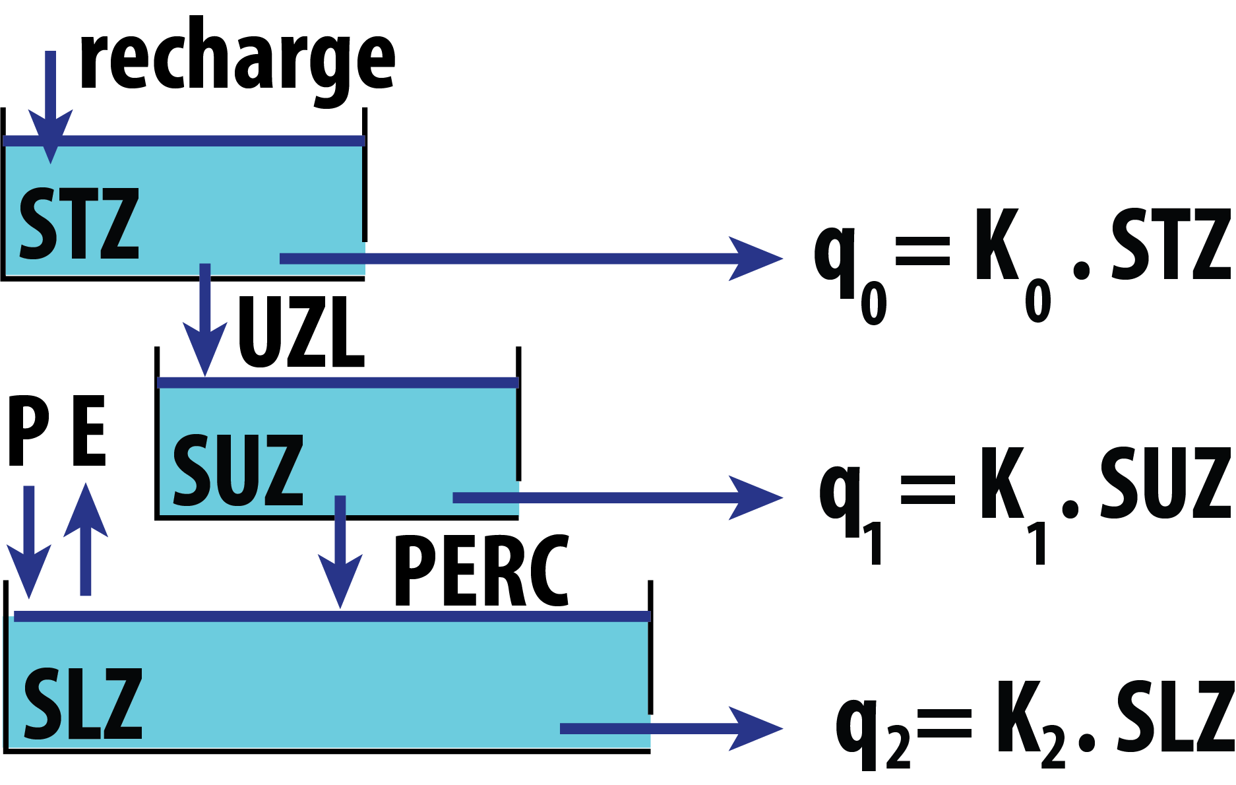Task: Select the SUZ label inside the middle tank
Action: click(237, 470)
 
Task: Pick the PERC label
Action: click(481, 571)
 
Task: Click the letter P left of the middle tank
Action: click(28, 431)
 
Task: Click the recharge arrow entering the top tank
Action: click(50, 106)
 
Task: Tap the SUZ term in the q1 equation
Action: click(1165, 483)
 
